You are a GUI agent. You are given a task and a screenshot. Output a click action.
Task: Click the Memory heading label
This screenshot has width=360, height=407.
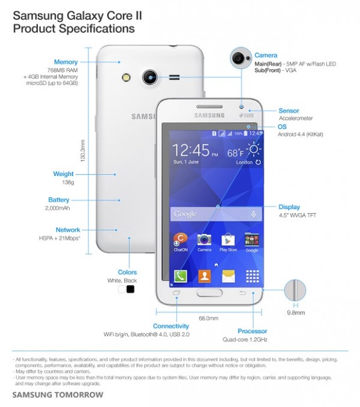65,62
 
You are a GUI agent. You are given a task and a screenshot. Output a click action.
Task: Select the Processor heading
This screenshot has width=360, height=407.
252,331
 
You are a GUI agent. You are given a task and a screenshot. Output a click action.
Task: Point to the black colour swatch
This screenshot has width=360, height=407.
130,289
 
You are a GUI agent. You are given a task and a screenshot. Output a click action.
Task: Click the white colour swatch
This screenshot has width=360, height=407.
122,289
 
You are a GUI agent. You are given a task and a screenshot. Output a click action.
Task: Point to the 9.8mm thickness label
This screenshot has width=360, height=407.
295,313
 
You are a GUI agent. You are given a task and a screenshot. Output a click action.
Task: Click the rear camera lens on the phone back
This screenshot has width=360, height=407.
149,77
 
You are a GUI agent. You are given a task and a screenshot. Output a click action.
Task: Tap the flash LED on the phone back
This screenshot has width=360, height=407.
127,77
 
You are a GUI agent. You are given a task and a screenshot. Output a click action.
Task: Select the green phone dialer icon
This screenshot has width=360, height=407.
181,276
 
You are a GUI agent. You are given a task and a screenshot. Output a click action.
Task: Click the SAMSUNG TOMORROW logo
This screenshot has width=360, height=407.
58,394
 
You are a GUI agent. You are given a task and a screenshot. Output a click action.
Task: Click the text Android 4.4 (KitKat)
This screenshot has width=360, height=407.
301,134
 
